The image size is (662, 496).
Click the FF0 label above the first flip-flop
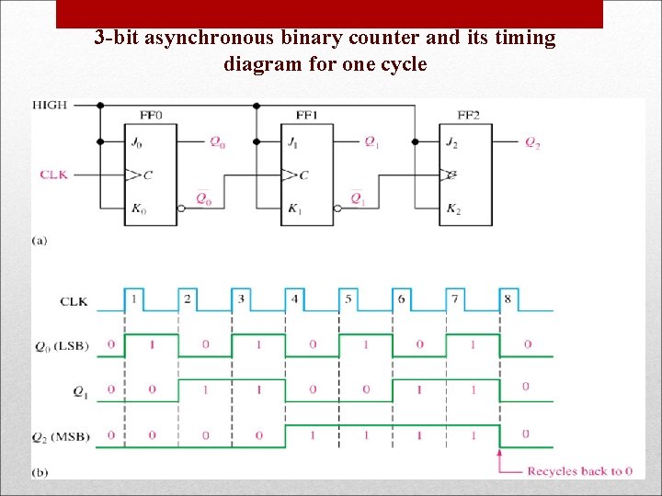[x=151, y=116]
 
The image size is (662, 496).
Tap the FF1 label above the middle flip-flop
[x=307, y=116]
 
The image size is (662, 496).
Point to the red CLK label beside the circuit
[x=53, y=174]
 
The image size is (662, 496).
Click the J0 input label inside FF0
[x=139, y=142]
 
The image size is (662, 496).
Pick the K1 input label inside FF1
[x=294, y=209]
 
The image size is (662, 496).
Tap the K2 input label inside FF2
[x=452, y=209]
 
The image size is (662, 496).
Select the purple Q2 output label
[x=532, y=141]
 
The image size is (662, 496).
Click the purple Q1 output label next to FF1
[x=371, y=141]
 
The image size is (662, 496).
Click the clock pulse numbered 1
[x=134, y=299]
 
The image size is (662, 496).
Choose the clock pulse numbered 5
[x=348, y=299]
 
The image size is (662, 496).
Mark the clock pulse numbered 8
[x=508, y=299]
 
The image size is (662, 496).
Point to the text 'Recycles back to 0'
[x=579, y=471]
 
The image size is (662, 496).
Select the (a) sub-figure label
[x=40, y=240]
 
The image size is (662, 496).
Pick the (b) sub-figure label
[x=40, y=472]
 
